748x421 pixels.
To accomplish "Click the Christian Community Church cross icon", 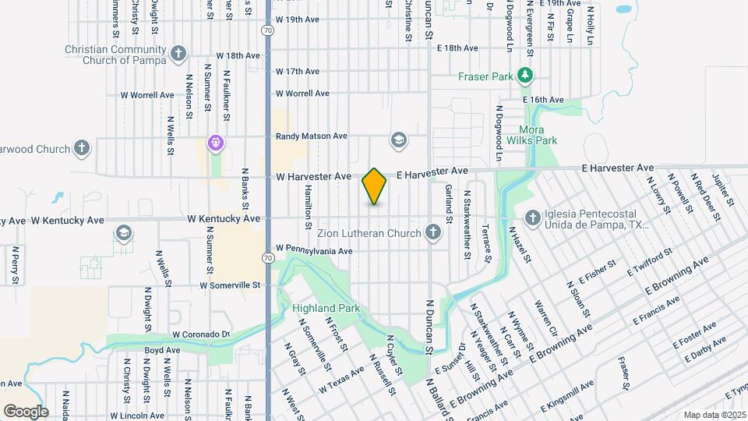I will pos(178,54).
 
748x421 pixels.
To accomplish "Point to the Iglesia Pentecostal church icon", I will pos(533,218).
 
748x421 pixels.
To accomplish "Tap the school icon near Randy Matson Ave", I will pos(399,140).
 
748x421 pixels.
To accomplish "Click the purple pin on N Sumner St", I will pos(215,143).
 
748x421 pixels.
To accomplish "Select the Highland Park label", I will pos(326,308).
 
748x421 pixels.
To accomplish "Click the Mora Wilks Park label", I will pos(532,135).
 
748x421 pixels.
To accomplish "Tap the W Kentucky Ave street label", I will pos(223,219).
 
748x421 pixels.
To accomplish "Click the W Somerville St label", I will pos(230,285).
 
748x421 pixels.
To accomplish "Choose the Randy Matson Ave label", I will pos(311,136).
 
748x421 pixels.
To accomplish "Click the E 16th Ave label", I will pos(543,100).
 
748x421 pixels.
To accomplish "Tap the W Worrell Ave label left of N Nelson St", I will pos(147,95).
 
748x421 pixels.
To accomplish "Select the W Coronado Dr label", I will pos(202,334).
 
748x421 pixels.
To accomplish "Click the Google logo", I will pos(25,411).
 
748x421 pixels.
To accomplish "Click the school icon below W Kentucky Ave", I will pos(124,233).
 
